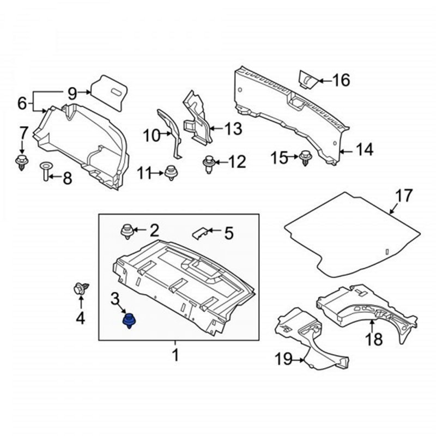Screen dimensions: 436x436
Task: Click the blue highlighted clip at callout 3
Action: point(130,320)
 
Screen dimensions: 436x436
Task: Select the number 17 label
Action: point(404,195)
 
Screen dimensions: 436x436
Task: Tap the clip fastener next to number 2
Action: point(126,231)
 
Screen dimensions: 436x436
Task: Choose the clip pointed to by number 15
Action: point(305,158)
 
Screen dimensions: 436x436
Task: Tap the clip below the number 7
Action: point(22,161)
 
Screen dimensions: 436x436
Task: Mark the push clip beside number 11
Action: point(172,173)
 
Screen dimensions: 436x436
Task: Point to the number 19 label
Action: point(283,359)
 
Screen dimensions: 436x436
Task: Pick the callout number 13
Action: point(233,129)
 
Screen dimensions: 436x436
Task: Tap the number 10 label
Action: point(152,134)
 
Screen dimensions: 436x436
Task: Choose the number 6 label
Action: point(22,102)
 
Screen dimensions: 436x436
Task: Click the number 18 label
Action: point(373,340)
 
